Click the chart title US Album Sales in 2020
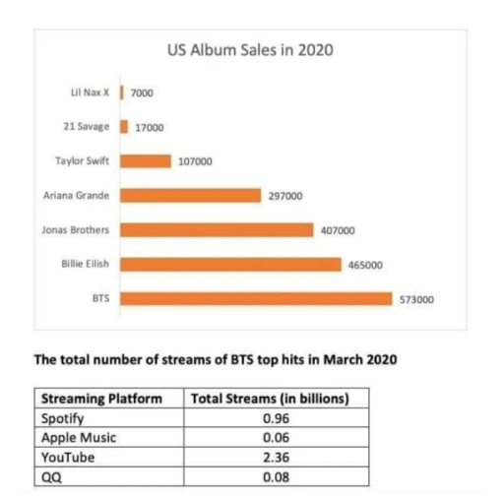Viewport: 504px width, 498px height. click(x=251, y=50)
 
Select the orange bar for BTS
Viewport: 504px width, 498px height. click(x=256, y=299)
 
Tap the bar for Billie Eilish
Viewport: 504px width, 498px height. click(x=230, y=265)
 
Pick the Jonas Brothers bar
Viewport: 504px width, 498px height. click(x=217, y=230)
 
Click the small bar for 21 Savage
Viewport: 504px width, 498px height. click(x=124, y=127)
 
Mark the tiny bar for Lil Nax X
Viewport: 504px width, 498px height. click(x=121, y=93)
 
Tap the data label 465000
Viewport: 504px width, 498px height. click(x=365, y=265)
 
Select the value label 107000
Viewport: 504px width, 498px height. click(x=194, y=161)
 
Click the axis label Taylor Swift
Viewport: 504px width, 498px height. click(x=83, y=160)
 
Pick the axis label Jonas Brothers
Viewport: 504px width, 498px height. click(x=76, y=230)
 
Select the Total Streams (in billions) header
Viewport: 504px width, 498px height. click(x=269, y=399)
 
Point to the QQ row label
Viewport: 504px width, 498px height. click(x=51, y=477)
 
